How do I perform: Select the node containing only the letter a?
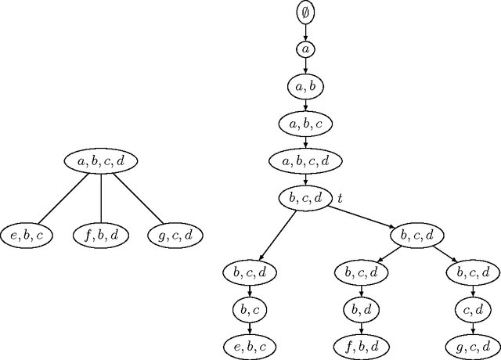click(x=305, y=49)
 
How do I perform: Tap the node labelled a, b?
click(x=305, y=86)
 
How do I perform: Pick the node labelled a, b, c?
click(x=305, y=124)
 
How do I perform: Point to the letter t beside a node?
click(x=340, y=199)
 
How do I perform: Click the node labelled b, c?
click(x=250, y=310)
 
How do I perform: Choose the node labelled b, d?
click(x=361, y=310)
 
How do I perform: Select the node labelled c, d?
click(x=472, y=310)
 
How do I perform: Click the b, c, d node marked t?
click(x=305, y=198)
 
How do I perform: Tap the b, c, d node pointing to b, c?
click(x=250, y=272)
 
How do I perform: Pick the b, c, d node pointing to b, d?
click(x=361, y=272)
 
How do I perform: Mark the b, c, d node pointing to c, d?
click(x=472, y=272)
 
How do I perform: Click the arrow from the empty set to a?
click(x=305, y=31)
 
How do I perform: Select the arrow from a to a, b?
click(x=305, y=67)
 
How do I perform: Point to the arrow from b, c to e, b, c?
click(x=250, y=328)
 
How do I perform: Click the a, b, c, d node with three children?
click(x=101, y=160)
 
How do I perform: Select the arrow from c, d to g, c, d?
click(x=472, y=328)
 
